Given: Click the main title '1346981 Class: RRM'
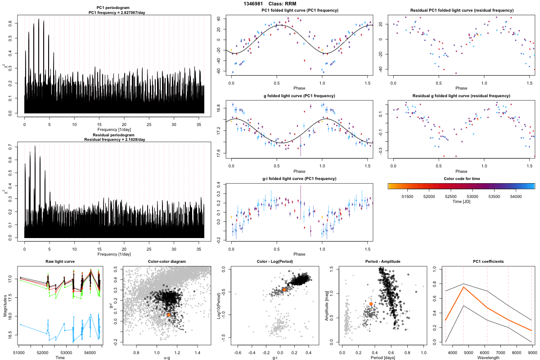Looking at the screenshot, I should pos(270,4).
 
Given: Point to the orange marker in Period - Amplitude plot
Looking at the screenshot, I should pos(371,304).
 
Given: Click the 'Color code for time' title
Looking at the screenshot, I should pos(461,179).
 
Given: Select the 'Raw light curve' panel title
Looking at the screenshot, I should pos(60,262).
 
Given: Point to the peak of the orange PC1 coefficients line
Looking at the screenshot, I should pos(463,287).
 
